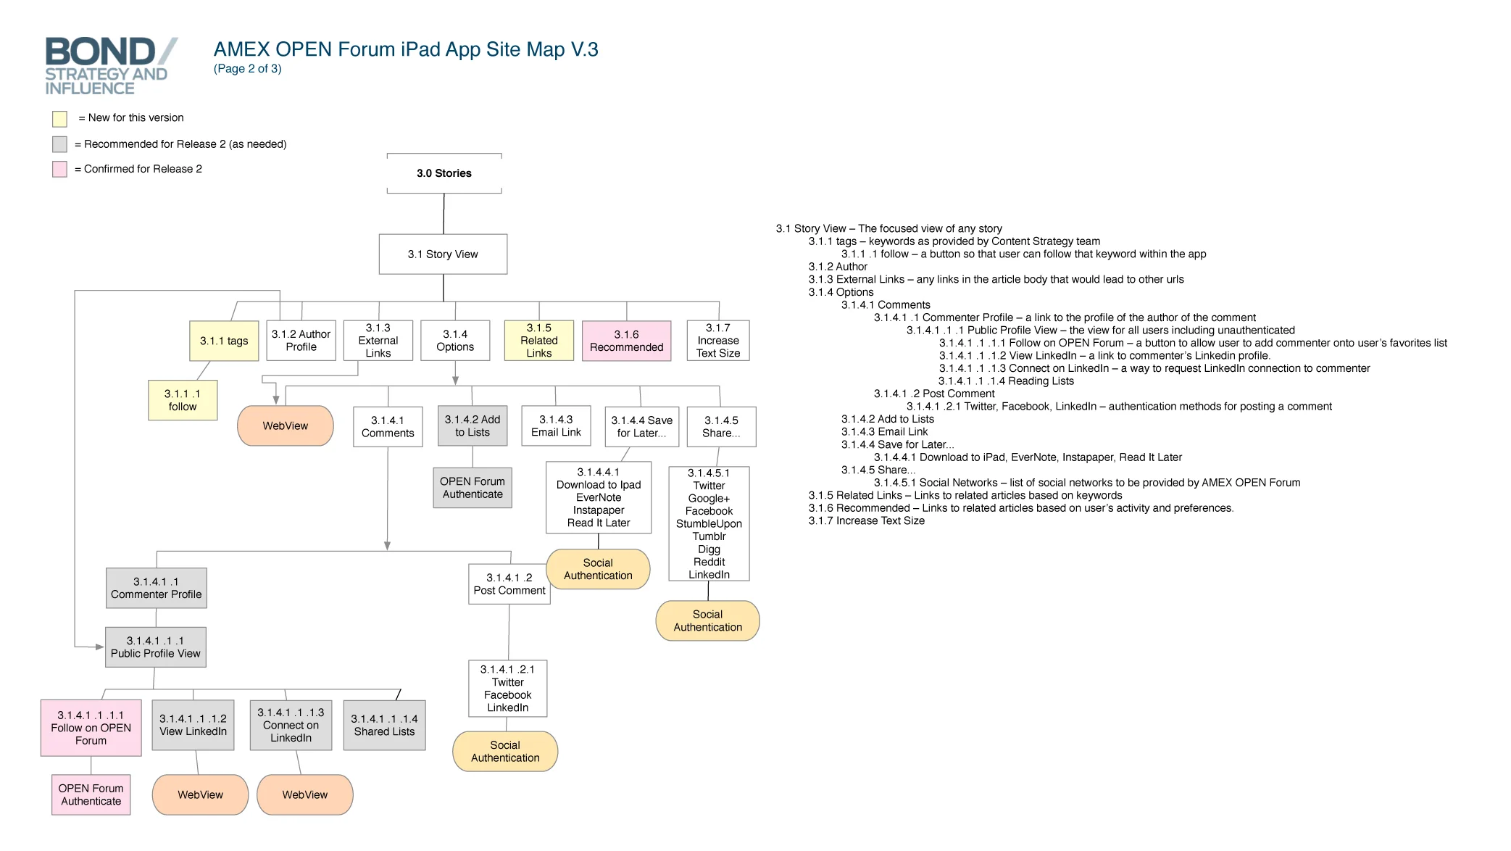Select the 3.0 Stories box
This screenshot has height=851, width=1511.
point(444,173)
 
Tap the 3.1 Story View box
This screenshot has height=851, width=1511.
point(443,254)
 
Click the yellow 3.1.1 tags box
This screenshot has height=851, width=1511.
point(224,341)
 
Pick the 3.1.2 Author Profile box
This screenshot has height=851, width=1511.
point(301,341)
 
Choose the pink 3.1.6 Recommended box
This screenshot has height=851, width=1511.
point(626,341)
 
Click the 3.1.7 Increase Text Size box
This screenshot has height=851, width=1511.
point(717,341)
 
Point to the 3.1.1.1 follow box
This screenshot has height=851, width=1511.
point(183,400)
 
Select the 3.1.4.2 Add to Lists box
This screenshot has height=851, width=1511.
point(473,426)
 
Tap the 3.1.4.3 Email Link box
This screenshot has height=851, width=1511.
point(556,426)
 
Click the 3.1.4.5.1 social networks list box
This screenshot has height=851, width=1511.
point(709,523)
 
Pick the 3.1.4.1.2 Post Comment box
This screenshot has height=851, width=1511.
point(509,584)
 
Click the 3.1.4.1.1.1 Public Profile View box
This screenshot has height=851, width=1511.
point(156,647)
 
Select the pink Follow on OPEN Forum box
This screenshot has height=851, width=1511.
point(91,728)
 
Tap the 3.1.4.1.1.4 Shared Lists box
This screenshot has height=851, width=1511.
point(384,725)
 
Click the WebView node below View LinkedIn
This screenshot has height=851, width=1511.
point(200,795)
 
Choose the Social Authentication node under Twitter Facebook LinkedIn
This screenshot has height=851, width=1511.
point(505,752)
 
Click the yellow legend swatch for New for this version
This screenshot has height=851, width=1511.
point(59,119)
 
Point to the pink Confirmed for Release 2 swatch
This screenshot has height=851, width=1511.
point(59,170)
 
